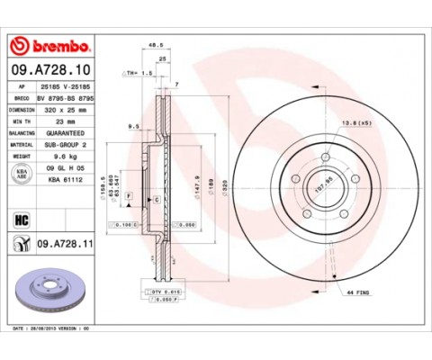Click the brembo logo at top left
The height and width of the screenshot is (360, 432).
tap(50, 45)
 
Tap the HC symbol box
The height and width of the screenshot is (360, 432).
tap(22, 217)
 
